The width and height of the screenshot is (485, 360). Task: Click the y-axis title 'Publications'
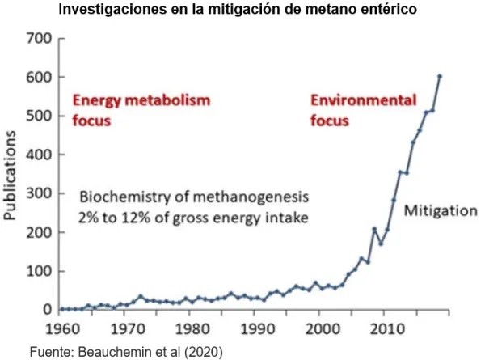point(12,175)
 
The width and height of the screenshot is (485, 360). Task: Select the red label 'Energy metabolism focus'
point(141,111)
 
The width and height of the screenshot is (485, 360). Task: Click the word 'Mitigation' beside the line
point(441,210)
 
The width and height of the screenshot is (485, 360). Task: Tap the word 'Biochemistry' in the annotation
point(120,197)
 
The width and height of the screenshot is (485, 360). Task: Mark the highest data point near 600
point(440,76)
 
